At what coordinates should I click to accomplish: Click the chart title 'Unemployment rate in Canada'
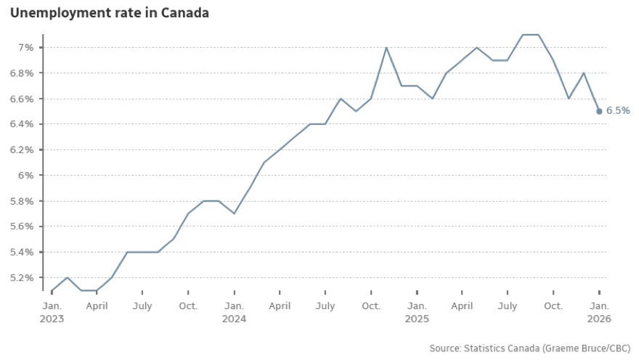pyautogui.click(x=109, y=13)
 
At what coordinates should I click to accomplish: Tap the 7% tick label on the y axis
pyautogui.click(x=26, y=47)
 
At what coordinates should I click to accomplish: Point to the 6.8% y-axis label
pyautogui.click(x=22, y=73)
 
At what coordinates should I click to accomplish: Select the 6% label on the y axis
pyautogui.click(x=26, y=175)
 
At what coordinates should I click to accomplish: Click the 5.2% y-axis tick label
pyautogui.click(x=22, y=277)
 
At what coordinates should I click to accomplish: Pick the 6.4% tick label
pyautogui.click(x=22, y=124)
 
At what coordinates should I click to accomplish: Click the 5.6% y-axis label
pyautogui.click(x=22, y=226)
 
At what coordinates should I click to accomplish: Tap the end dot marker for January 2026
pyautogui.click(x=599, y=111)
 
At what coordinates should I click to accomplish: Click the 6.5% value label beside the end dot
pyautogui.click(x=618, y=111)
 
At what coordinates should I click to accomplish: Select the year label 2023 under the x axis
pyautogui.click(x=52, y=319)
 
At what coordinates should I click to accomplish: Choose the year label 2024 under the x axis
pyautogui.click(x=234, y=319)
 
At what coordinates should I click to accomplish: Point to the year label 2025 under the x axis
pyautogui.click(x=417, y=319)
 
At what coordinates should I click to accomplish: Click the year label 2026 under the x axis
pyautogui.click(x=599, y=319)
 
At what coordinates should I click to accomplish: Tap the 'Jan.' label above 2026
pyautogui.click(x=599, y=306)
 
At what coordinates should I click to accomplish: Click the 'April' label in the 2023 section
pyautogui.click(x=97, y=306)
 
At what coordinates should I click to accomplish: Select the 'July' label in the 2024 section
pyautogui.click(x=325, y=306)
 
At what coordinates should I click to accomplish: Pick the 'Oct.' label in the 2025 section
pyautogui.click(x=553, y=306)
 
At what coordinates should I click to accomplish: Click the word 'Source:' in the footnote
pyautogui.click(x=446, y=348)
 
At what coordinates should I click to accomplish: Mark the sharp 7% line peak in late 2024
pyautogui.click(x=386, y=47)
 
